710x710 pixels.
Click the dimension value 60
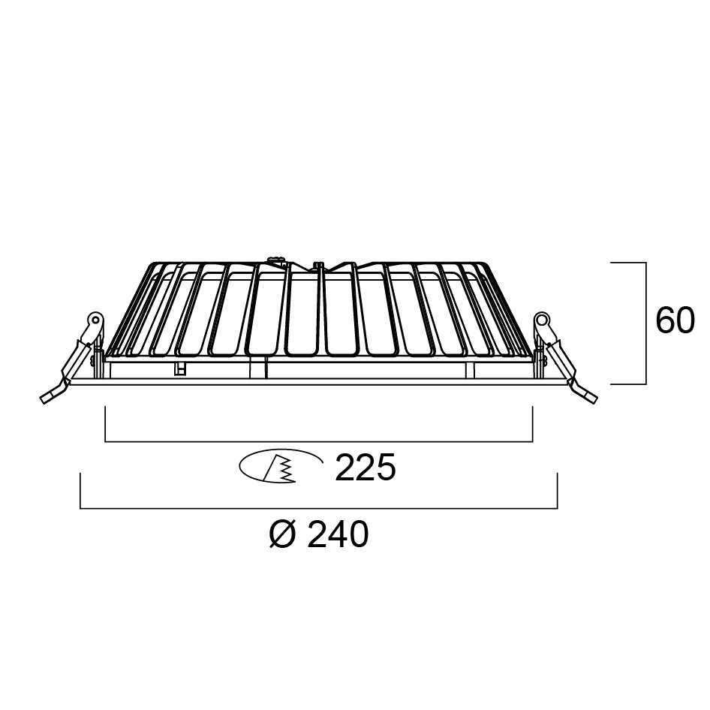pos(675,321)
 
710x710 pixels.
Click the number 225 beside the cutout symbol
pos(365,469)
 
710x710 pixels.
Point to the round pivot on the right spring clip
pos(541,319)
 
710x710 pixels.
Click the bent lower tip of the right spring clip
pos(588,396)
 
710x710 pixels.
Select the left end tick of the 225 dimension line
pos(106,423)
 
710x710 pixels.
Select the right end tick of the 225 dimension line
pos(532,423)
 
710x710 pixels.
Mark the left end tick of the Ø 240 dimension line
pos(80,492)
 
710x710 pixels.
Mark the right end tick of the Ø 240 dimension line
pos(557,492)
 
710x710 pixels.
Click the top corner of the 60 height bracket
pos(645,263)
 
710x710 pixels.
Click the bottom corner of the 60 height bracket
pos(645,384)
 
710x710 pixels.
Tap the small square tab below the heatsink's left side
pos(179,369)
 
